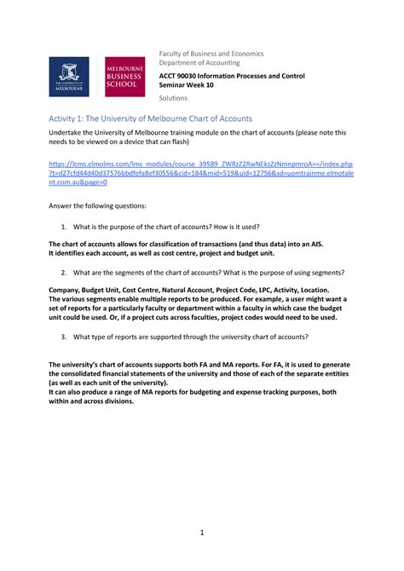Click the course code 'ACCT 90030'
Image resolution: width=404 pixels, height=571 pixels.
click(x=182, y=77)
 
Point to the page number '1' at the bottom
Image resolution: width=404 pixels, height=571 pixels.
click(x=201, y=534)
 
